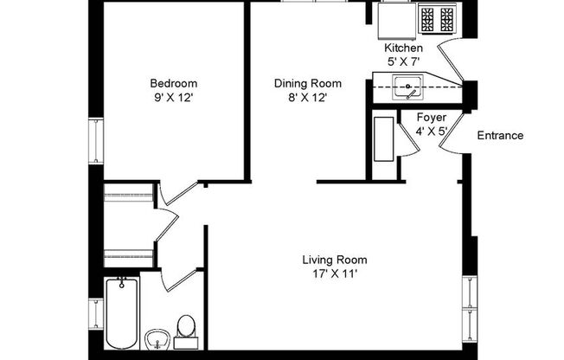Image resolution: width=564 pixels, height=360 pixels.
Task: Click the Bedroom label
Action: tap(169, 83)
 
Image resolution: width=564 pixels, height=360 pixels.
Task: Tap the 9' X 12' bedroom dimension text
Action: tap(169, 97)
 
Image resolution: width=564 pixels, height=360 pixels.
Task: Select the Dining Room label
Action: tap(308, 83)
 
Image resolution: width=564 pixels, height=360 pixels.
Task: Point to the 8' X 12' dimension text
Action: tap(308, 97)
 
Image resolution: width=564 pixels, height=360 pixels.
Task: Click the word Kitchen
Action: tap(403, 48)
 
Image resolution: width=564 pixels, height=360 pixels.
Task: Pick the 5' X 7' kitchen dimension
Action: tap(403, 62)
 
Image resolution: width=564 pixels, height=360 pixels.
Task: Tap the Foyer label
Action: tap(431, 118)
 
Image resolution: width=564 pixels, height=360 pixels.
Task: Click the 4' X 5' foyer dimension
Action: tap(431, 132)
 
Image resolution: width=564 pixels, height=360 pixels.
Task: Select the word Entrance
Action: tap(500, 135)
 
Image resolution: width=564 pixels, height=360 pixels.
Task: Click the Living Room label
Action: tap(334, 260)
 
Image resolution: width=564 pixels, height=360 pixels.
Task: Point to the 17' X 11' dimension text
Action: tap(334, 274)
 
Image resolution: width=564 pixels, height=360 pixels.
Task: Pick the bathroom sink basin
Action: tap(157, 336)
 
